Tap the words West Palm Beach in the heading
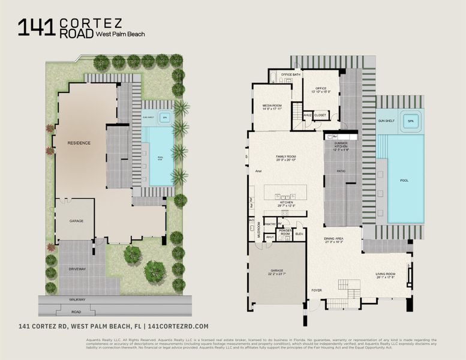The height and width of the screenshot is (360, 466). [x=121, y=34]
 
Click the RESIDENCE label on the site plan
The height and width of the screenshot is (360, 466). [x=79, y=143]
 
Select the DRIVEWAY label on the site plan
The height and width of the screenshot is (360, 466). [x=76, y=268]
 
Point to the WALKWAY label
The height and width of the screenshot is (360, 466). [x=76, y=299]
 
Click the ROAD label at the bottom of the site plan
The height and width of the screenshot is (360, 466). [x=76, y=311]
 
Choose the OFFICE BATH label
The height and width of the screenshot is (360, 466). [x=290, y=74]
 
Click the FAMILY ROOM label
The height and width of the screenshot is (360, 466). [x=286, y=157]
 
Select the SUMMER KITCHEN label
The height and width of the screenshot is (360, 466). [x=341, y=144]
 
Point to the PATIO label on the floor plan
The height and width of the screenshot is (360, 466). [x=340, y=171]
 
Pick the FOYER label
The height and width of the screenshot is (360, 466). [x=316, y=290]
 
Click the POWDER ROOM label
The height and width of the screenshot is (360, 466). [x=285, y=231]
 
